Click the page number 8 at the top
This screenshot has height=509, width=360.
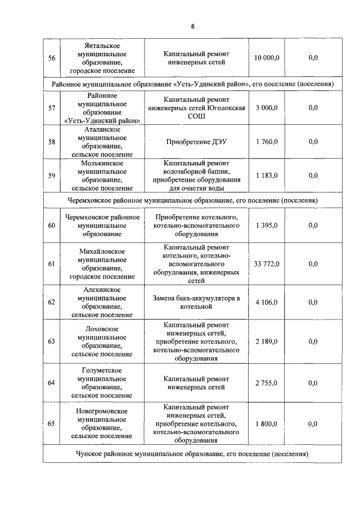192,26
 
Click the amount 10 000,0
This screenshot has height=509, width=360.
266,58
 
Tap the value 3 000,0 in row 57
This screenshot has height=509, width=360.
266,108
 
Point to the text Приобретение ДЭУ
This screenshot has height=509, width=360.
196,142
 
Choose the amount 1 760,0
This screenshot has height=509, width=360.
266,142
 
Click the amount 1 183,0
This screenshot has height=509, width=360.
266,175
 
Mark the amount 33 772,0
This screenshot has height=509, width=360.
266,264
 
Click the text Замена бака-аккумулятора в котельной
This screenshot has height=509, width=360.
196,302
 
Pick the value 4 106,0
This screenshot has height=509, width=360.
266,302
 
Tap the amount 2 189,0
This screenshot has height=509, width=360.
266,341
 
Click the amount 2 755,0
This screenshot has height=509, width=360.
266,383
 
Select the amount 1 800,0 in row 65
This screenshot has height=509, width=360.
266,424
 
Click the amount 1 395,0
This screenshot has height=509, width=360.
266,225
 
